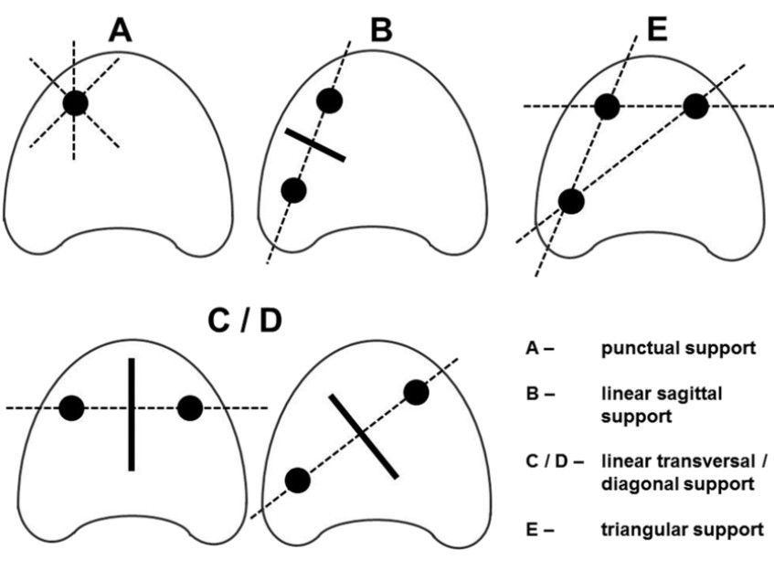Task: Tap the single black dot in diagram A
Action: click(x=76, y=103)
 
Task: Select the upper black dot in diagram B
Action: click(x=329, y=100)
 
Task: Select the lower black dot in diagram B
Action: click(x=293, y=190)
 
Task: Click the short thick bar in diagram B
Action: click(x=315, y=145)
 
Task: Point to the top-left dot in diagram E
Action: click(x=608, y=107)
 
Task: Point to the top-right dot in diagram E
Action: click(x=695, y=106)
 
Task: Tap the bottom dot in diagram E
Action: click(x=571, y=201)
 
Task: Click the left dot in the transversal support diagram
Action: click(x=72, y=408)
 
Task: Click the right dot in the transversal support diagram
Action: click(x=189, y=408)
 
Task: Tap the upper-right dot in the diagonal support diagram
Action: click(x=416, y=392)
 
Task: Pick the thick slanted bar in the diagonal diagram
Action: click(x=364, y=436)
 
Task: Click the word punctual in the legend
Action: click(x=636, y=349)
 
